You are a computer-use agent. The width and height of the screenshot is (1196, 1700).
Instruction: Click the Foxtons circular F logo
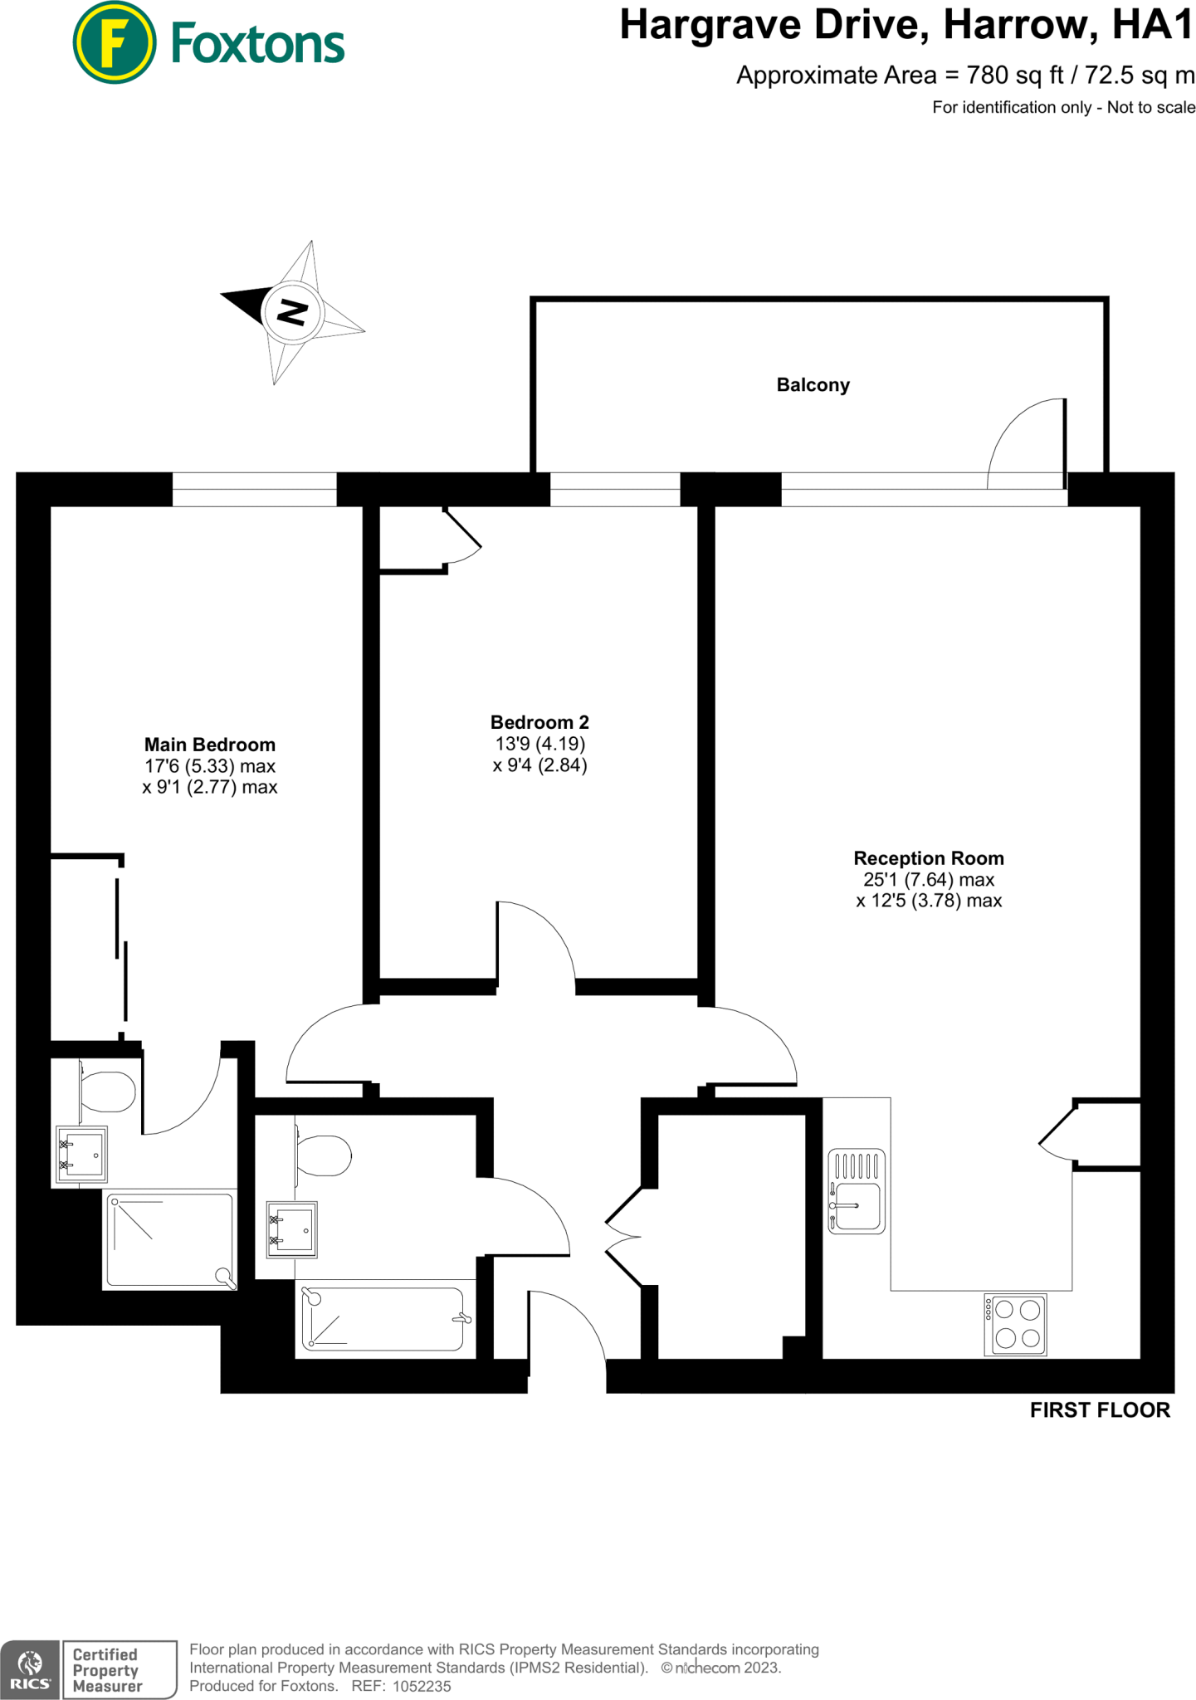(x=114, y=43)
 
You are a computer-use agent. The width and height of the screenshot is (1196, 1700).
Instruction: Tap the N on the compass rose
(x=292, y=313)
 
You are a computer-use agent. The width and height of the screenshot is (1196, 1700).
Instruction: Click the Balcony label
(x=813, y=385)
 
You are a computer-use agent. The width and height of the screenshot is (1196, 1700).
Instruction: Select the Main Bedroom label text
(x=210, y=745)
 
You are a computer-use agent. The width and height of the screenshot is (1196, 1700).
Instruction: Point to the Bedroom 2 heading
(x=539, y=722)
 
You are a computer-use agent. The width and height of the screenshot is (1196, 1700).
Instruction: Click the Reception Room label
(x=929, y=858)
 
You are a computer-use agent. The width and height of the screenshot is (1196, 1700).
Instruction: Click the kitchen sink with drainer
(x=857, y=1191)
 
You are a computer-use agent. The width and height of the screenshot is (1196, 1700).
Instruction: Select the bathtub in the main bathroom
(x=383, y=1319)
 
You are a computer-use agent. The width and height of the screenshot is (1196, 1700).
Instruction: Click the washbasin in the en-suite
(x=81, y=1154)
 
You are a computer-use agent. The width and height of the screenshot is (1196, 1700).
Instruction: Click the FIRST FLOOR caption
(x=1099, y=1410)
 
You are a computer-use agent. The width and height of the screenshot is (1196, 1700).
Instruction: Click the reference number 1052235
(x=422, y=1686)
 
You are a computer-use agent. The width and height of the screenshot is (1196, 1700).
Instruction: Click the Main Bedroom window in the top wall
(x=254, y=489)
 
